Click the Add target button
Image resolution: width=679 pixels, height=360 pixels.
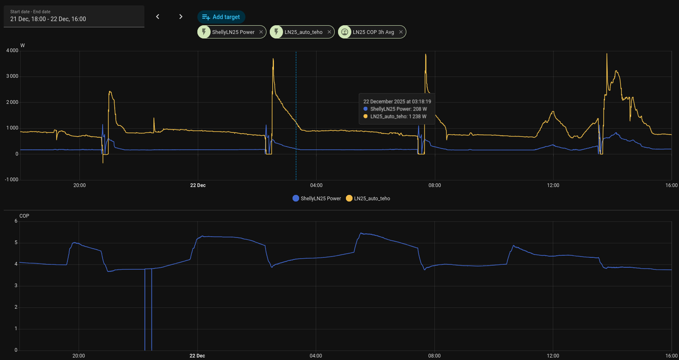pos(221,17)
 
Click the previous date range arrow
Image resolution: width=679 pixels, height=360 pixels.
pos(158,17)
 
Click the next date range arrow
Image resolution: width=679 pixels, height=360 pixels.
pos(181,17)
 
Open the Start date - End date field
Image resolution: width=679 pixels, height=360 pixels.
pos(74,17)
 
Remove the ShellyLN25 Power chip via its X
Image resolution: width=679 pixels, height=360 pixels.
pos(261,32)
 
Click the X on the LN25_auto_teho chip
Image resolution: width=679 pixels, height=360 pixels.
pos(329,32)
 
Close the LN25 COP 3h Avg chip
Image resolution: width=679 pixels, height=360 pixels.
pos(401,32)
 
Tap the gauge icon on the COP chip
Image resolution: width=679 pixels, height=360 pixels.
pos(345,32)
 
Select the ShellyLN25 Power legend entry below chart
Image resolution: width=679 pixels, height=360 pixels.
pos(317,199)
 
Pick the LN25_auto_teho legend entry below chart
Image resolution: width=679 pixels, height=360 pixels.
pos(368,199)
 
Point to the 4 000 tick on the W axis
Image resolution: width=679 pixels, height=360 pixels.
pos(12,50)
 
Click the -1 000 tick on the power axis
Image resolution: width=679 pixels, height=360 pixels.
pos(12,180)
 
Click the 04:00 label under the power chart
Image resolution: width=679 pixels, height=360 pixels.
pos(316,185)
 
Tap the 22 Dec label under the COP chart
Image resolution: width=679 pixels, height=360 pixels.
pos(197,356)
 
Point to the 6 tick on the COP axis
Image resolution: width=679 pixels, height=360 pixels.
pos(16,221)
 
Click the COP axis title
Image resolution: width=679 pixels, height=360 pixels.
pos(24,216)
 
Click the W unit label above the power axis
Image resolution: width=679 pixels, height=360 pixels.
pos(23,46)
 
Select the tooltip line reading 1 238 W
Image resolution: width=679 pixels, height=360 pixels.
pos(398,117)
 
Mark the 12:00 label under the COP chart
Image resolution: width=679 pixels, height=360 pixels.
pos(553,356)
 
